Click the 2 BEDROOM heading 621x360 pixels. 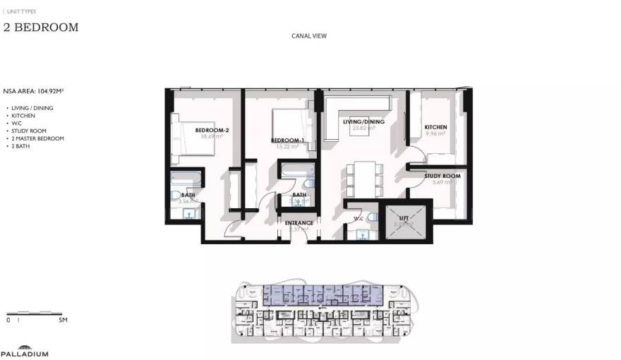(41, 28)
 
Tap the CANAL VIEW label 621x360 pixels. (309, 36)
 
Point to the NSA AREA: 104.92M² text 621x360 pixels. (33, 91)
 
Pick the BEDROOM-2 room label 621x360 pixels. (210, 131)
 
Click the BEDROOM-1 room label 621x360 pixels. (288, 140)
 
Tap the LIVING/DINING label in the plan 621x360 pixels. (363, 122)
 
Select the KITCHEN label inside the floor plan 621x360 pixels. (435, 127)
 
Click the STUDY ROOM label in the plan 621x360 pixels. (447, 176)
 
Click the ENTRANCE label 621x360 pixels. (299, 223)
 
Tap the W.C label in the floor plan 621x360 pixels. (358, 219)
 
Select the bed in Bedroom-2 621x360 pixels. (192, 138)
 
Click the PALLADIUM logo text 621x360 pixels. (25, 354)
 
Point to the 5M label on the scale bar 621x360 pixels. (63, 320)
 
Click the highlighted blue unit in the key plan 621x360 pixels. (321, 294)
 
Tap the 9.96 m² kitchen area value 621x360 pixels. (435, 133)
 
